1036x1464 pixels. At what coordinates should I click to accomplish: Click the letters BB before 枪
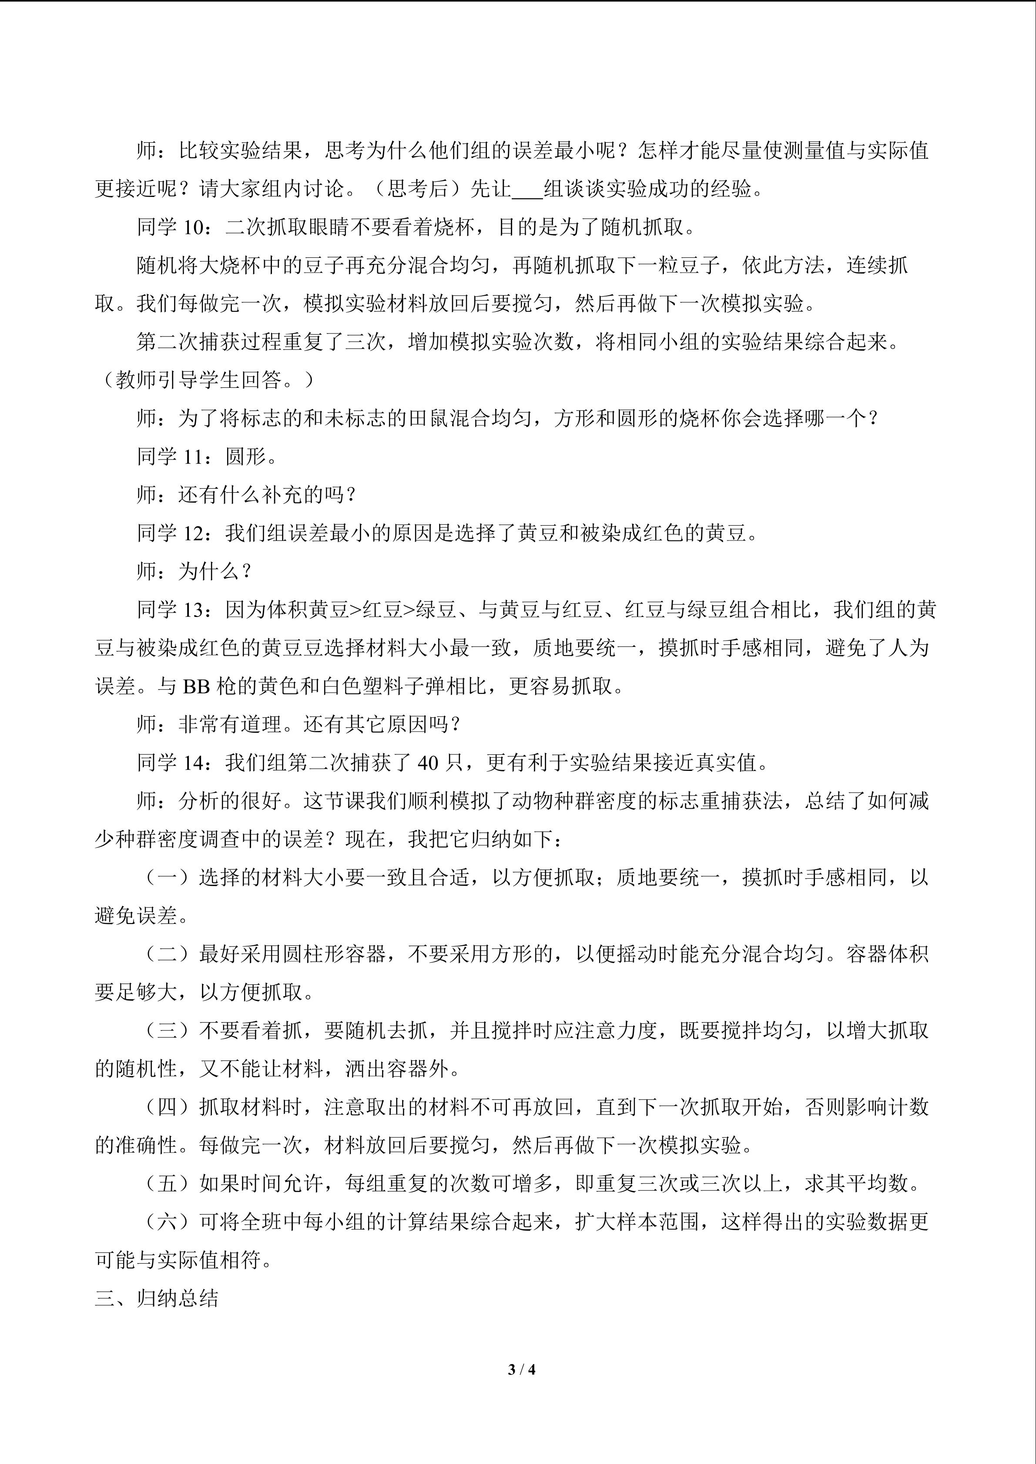197,686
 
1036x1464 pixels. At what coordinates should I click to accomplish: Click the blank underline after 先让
527,190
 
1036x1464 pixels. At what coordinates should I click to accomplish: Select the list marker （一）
168,877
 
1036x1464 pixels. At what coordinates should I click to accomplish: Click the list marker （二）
168,954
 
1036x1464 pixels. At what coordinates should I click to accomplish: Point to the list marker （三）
168,1030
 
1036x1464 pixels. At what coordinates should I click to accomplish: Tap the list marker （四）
168,1107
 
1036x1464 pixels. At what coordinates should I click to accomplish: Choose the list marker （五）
168,1184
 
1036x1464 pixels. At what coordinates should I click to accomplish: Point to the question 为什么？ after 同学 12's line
215,571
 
